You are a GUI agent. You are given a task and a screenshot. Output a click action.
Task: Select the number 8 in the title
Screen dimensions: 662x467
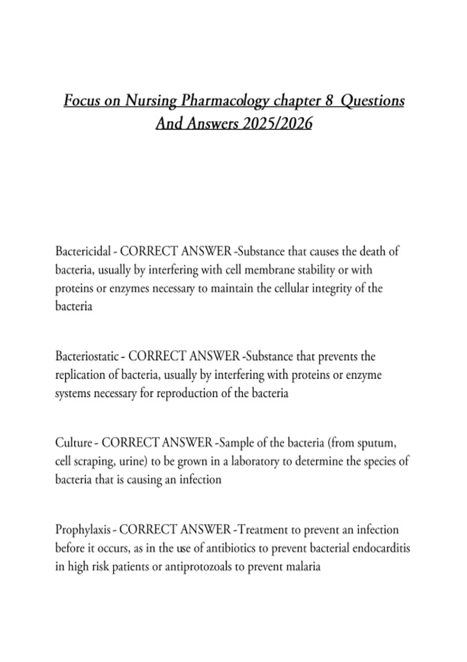(329, 100)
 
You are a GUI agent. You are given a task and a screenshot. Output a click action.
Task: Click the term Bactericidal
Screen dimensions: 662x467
(83, 251)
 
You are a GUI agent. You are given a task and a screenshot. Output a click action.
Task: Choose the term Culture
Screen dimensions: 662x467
(73, 443)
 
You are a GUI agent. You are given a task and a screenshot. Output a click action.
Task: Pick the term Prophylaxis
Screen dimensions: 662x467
(83, 530)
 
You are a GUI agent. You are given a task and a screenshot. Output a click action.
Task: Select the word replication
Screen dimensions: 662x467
(81, 375)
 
